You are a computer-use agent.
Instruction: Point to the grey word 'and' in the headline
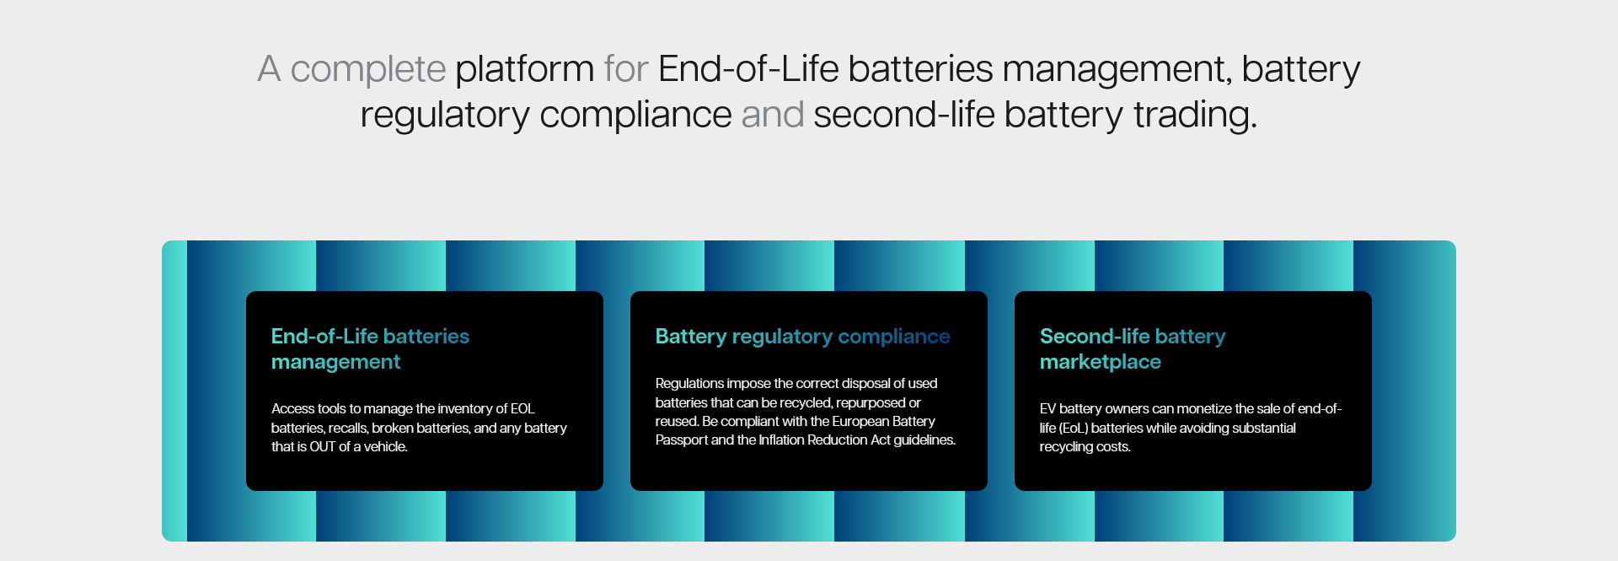pos(773,115)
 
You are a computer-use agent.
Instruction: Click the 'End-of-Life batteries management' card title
pos(370,349)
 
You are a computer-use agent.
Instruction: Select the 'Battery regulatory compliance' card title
pos(802,337)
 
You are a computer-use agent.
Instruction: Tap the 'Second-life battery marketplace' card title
pos(1133,349)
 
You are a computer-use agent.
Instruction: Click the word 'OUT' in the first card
pos(323,447)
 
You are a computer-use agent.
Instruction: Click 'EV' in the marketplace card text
pos(1047,409)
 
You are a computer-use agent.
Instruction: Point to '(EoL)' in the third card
pos(1073,429)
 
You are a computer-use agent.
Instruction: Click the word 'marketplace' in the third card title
pos(1101,362)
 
